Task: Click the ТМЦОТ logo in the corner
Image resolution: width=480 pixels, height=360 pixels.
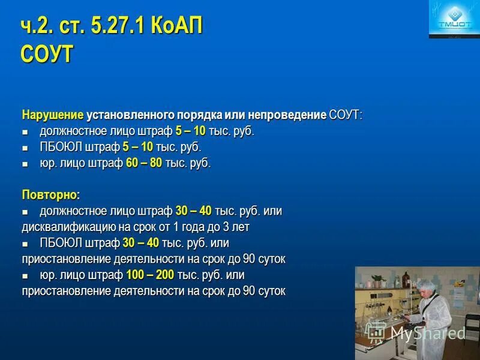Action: pos(454,19)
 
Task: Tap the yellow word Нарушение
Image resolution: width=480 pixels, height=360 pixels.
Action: pos(52,115)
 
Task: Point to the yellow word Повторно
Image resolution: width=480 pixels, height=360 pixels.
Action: pos(50,195)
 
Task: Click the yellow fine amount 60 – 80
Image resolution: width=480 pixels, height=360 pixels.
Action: pos(144,163)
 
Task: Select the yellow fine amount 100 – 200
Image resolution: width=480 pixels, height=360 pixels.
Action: pos(150,275)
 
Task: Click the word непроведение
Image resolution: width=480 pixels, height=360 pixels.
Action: pos(292,115)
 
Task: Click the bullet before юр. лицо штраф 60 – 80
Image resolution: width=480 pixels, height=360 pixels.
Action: pos(25,164)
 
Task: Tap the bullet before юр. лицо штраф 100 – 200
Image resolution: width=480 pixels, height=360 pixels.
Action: pos(25,276)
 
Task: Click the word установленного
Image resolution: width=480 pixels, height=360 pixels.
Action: pos(130,115)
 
